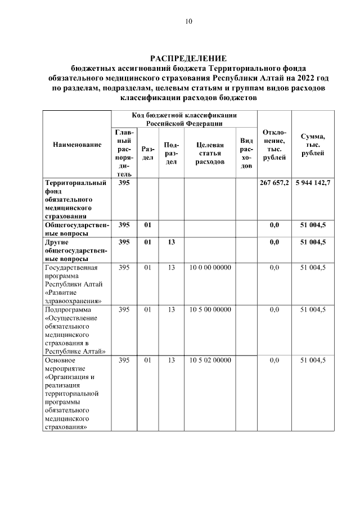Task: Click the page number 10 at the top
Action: coord(188,22)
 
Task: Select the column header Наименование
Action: coord(77,145)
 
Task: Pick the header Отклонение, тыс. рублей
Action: coord(274,145)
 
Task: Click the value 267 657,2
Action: coord(274,183)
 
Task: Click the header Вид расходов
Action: coord(246,153)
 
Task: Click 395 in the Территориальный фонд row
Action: coord(124,183)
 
